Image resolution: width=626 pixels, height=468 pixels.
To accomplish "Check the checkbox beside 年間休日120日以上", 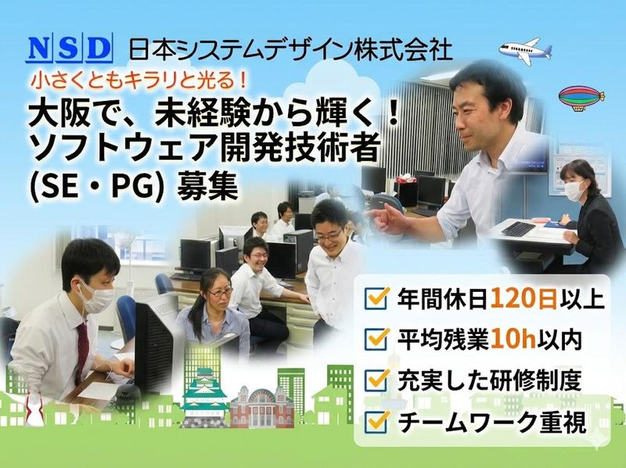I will pyautogui.click(x=378, y=299).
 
